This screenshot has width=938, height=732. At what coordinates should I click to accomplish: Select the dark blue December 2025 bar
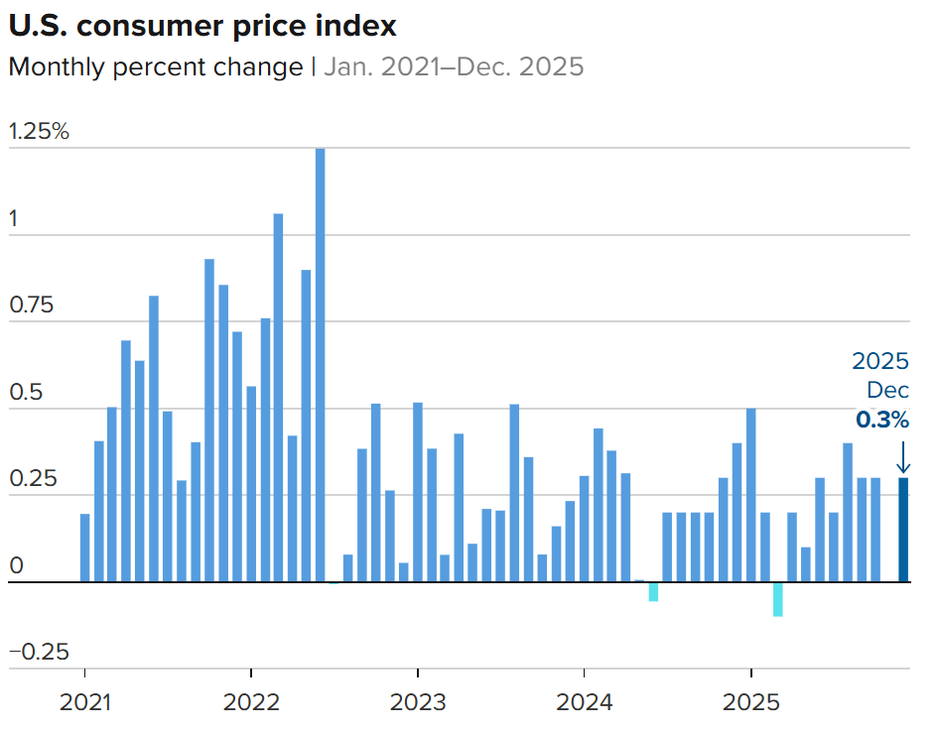point(903,530)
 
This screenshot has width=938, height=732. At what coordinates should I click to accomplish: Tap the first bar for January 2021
point(85,548)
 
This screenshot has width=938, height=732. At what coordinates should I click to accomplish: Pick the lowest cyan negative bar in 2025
point(778,599)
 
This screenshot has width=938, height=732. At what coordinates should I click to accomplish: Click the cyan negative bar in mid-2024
point(653,591)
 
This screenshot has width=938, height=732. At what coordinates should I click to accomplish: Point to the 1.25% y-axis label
point(39,132)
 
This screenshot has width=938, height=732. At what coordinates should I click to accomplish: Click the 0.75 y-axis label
point(33,305)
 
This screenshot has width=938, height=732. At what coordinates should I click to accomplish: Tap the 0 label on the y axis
point(15,566)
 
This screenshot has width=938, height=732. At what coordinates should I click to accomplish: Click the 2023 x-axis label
point(418,703)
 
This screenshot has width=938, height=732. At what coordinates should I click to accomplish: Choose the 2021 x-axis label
point(85,703)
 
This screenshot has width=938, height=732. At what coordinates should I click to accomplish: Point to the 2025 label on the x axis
point(750,703)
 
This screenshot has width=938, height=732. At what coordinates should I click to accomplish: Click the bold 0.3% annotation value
point(882,421)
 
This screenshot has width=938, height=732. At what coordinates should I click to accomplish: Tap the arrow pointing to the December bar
point(902,457)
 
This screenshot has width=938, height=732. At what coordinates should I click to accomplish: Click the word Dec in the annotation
point(887,390)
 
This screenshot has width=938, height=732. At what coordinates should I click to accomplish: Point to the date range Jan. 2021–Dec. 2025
point(454,67)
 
